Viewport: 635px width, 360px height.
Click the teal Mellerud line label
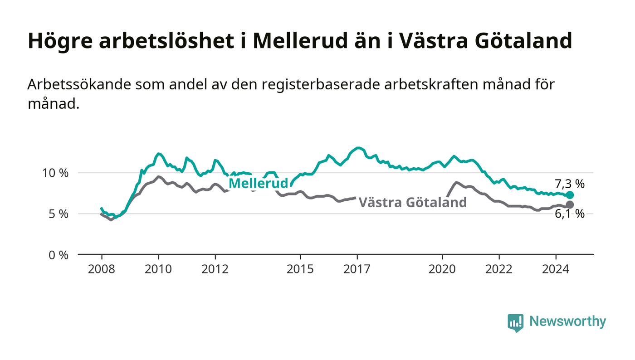[258, 183]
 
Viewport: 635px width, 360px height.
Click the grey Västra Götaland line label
[412, 202]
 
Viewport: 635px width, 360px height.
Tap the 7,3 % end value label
[570, 184]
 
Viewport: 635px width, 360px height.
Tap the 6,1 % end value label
[570, 214]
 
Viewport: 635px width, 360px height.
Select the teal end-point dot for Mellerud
[570, 195]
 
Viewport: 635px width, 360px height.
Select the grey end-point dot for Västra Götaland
[570, 204]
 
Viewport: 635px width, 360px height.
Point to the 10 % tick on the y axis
[55, 173]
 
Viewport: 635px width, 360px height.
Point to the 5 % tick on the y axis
[59, 214]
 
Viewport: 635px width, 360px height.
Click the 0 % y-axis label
[59, 255]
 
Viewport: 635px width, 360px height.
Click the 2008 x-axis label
[102, 269]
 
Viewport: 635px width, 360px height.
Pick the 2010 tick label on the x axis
[158, 269]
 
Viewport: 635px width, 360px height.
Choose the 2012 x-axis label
[215, 269]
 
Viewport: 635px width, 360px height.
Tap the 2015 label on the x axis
[300, 269]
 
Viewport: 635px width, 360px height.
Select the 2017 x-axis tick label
[357, 269]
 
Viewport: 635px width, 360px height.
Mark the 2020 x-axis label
[442, 269]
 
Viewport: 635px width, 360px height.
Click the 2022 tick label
[499, 269]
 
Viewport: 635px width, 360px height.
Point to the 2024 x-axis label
[556, 269]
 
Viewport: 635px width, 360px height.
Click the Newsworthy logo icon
[515, 323]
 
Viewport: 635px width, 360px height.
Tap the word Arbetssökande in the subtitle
[79, 84]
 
